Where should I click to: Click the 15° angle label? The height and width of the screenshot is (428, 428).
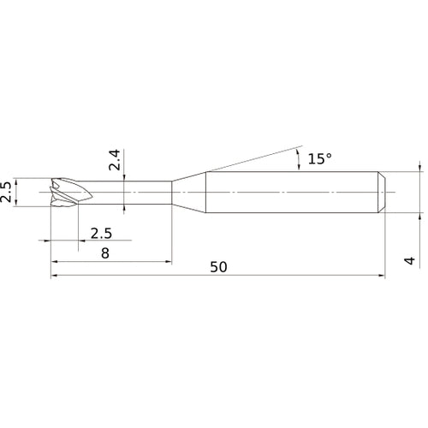(x=320, y=158)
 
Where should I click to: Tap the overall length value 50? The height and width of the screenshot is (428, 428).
(x=218, y=267)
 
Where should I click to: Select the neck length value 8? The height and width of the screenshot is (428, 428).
(x=105, y=253)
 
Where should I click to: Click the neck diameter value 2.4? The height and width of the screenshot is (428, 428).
(x=115, y=160)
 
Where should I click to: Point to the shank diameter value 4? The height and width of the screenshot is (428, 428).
(x=410, y=260)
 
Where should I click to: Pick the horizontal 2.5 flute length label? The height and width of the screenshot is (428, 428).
(x=101, y=234)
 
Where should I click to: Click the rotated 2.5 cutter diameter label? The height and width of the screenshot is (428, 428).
(x=5, y=192)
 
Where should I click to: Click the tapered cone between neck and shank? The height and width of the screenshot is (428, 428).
(x=188, y=192)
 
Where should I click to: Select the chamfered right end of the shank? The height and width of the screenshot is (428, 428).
(x=382, y=192)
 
